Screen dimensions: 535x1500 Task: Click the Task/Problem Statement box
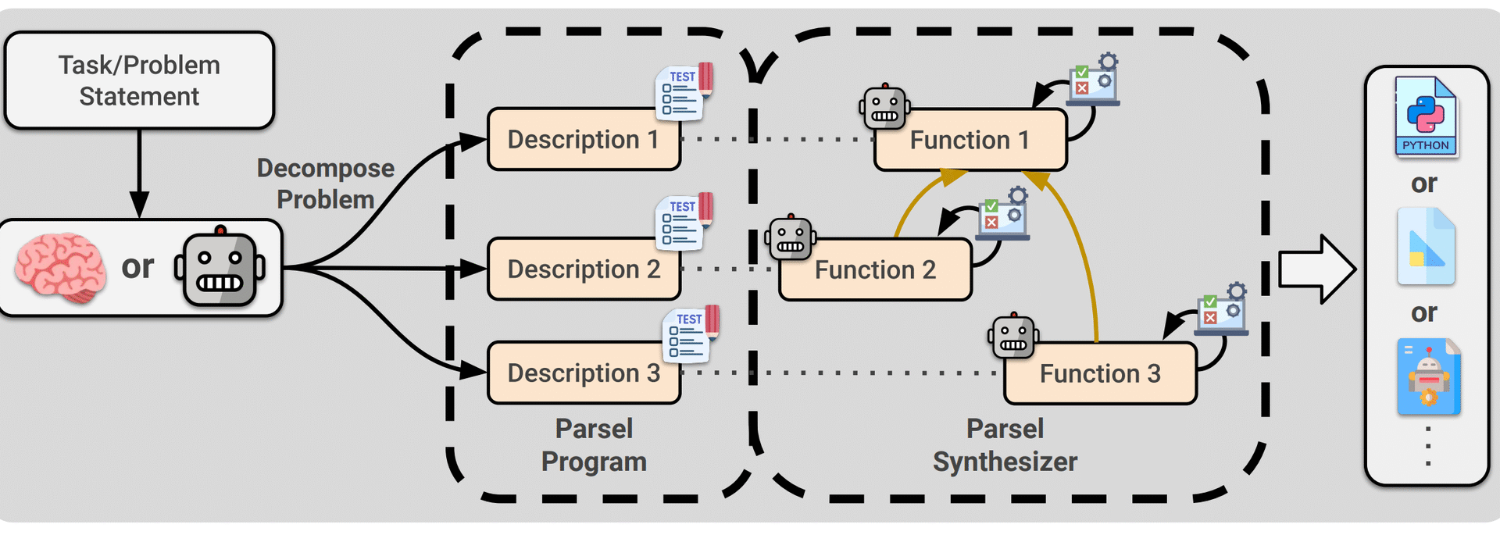pyautogui.click(x=139, y=80)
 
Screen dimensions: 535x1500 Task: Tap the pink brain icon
pyautogui.click(x=60, y=267)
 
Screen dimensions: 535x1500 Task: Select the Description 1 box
pyautogui.click(x=583, y=140)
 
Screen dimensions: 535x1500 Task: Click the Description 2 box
pyautogui.click(x=583, y=269)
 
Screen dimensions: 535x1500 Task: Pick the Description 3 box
pyautogui.click(x=583, y=373)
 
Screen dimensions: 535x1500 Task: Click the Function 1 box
pyautogui.click(x=970, y=141)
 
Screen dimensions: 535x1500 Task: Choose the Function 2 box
pyautogui.click(x=875, y=270)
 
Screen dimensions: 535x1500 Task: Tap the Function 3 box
pyautogui.click(x=1100, y=374)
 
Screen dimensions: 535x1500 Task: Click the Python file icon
pyautogui.click(x=1425, y=116)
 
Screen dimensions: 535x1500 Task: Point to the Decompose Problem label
pyautogui.click(x=326, y=184)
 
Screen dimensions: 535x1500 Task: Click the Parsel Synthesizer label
pyautogui.click(x=1005, y=445)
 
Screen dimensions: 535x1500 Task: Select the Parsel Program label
pyautogui.click(x=594, y=445)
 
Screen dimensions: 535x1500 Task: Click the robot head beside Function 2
pyautogui.click(x=791, y=238)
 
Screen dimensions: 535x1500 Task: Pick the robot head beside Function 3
pyautogui.click(x=1013, y=337)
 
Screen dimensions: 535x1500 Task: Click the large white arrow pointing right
pyautogui.click(x=1316, y=269)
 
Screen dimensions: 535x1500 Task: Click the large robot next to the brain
pyautogui.click(x=220, y=268)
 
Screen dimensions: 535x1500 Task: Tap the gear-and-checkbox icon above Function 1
pyautogui.click(x=1095, y=79)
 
